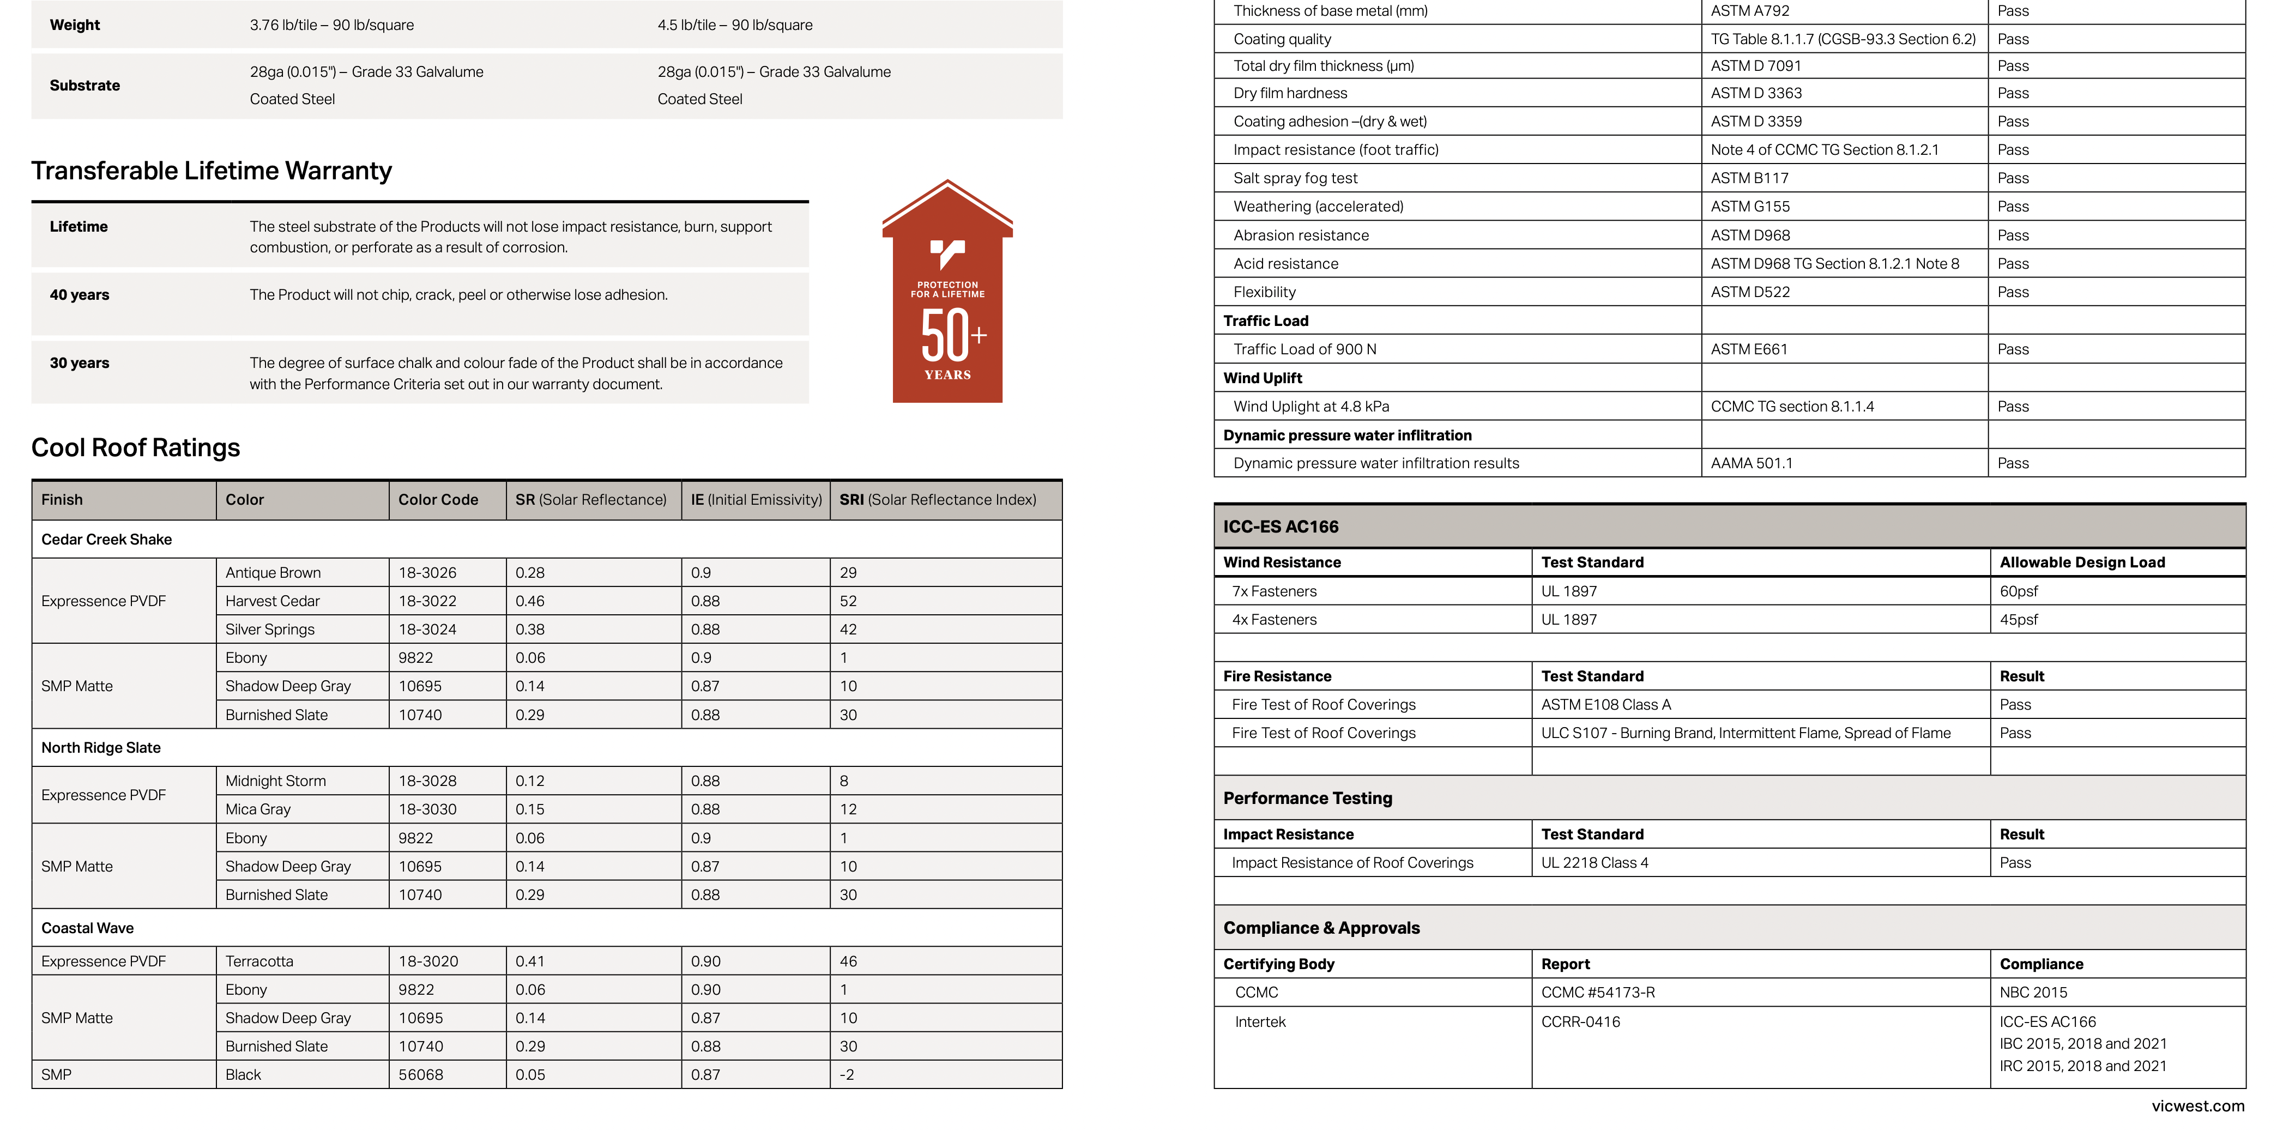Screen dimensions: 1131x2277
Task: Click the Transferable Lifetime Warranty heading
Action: (x=212, y=171)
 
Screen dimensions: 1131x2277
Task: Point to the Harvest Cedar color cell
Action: (x=272, y=601)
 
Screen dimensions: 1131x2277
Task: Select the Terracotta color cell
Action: (x=259, y=961)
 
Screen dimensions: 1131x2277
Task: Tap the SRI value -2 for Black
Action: (x=846, y=1074)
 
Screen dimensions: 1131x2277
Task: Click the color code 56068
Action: (x=421, y=1074)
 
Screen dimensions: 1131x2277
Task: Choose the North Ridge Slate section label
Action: (x=101, y=747)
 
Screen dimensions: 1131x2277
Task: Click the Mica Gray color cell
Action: (x=257, y=809)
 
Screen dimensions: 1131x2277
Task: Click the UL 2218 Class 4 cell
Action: (x=1594, y=862)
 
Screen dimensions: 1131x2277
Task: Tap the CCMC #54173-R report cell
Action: (x=1597, y=992)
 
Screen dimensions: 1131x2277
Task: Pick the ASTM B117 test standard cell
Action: (x=1748, y=178)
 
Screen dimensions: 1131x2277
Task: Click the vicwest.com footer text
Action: (x=2197, y=1106)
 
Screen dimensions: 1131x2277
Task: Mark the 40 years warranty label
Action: (x=80, y=295)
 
